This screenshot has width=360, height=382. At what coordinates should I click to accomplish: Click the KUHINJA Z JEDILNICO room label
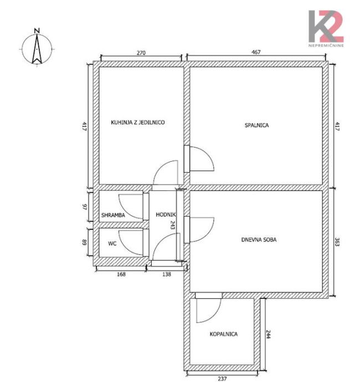pos(138,122)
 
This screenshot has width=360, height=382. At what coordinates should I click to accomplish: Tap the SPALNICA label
pos(256,125)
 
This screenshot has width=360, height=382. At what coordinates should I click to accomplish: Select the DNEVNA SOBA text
pos(259,240)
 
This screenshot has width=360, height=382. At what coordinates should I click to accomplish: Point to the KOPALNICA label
pos(224,334)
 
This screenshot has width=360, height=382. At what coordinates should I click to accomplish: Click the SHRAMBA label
pos(113,215)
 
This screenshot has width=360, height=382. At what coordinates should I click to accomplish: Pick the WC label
pos(112,244)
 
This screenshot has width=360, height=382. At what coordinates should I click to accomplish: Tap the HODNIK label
pos(166,215)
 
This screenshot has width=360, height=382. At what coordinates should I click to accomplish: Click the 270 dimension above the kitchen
pos(141,53)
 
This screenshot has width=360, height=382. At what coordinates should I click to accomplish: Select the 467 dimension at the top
pos(256,52)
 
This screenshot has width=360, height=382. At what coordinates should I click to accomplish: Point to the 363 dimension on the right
pos(337,242)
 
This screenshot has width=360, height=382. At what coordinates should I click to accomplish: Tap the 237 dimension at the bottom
pos(222,379)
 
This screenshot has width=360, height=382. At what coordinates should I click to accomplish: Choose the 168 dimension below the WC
pos(121,274)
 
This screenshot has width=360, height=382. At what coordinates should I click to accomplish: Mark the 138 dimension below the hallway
pos(167,274)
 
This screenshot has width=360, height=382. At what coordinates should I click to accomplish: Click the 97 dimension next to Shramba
pos(85,207)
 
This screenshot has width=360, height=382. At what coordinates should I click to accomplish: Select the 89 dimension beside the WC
pos(85,242)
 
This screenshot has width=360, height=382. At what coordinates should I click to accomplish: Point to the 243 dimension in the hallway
pos(173,225)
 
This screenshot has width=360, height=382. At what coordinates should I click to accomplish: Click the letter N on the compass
pos(37,30)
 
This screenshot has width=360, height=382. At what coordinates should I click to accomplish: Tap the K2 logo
pos(326,27)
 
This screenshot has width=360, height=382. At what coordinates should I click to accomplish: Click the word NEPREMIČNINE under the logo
pos(326,45)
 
